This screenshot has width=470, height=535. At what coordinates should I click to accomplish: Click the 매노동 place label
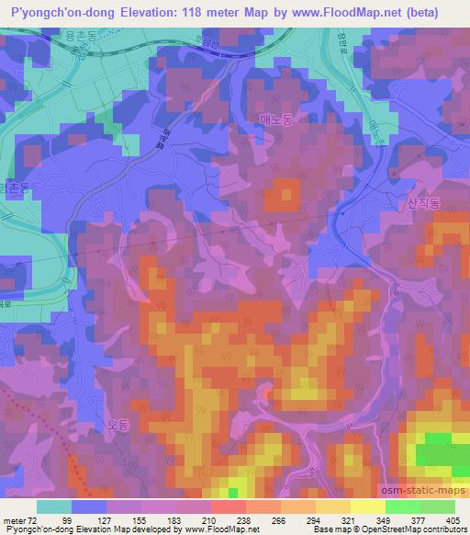point(275,119)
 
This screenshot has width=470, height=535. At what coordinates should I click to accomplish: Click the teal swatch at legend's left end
point(53,506)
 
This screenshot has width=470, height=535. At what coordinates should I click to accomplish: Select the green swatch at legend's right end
point(438,506)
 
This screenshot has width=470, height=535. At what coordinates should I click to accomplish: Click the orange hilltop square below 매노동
point(284,194)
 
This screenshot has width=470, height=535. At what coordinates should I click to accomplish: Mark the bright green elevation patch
point(438,453)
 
